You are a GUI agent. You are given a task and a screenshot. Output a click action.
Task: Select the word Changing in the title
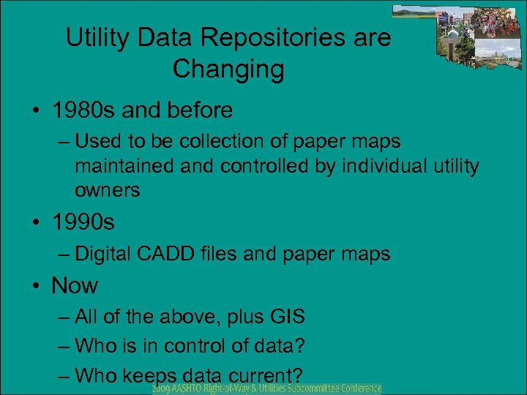[x=228, y=69]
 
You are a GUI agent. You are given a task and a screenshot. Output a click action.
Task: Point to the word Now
[x=75, y=285]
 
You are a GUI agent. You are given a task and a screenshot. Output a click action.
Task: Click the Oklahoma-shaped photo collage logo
[x=458, y=37]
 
